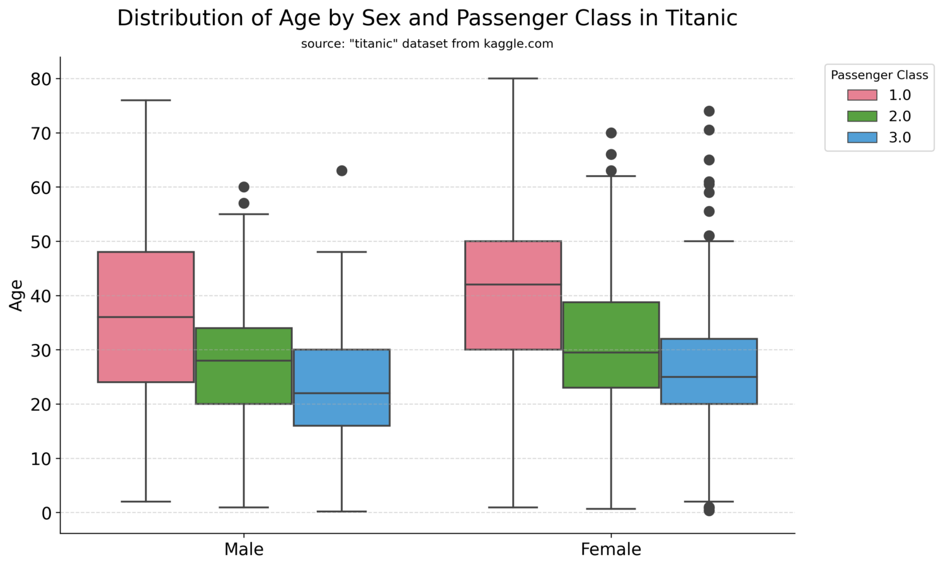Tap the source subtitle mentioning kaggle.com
427,44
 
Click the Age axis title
16,295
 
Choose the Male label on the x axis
244,550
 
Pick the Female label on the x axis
610,550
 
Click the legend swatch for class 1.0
862,95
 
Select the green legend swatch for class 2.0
862,117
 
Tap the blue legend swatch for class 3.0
862,137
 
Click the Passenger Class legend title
879,76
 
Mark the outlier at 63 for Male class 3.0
342,171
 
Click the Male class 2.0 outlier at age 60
244,187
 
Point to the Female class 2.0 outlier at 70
611,133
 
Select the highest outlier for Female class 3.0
709,112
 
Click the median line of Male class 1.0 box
146,317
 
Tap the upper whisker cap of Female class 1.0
513,79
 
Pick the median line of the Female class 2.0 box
610,352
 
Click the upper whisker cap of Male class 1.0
146,100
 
